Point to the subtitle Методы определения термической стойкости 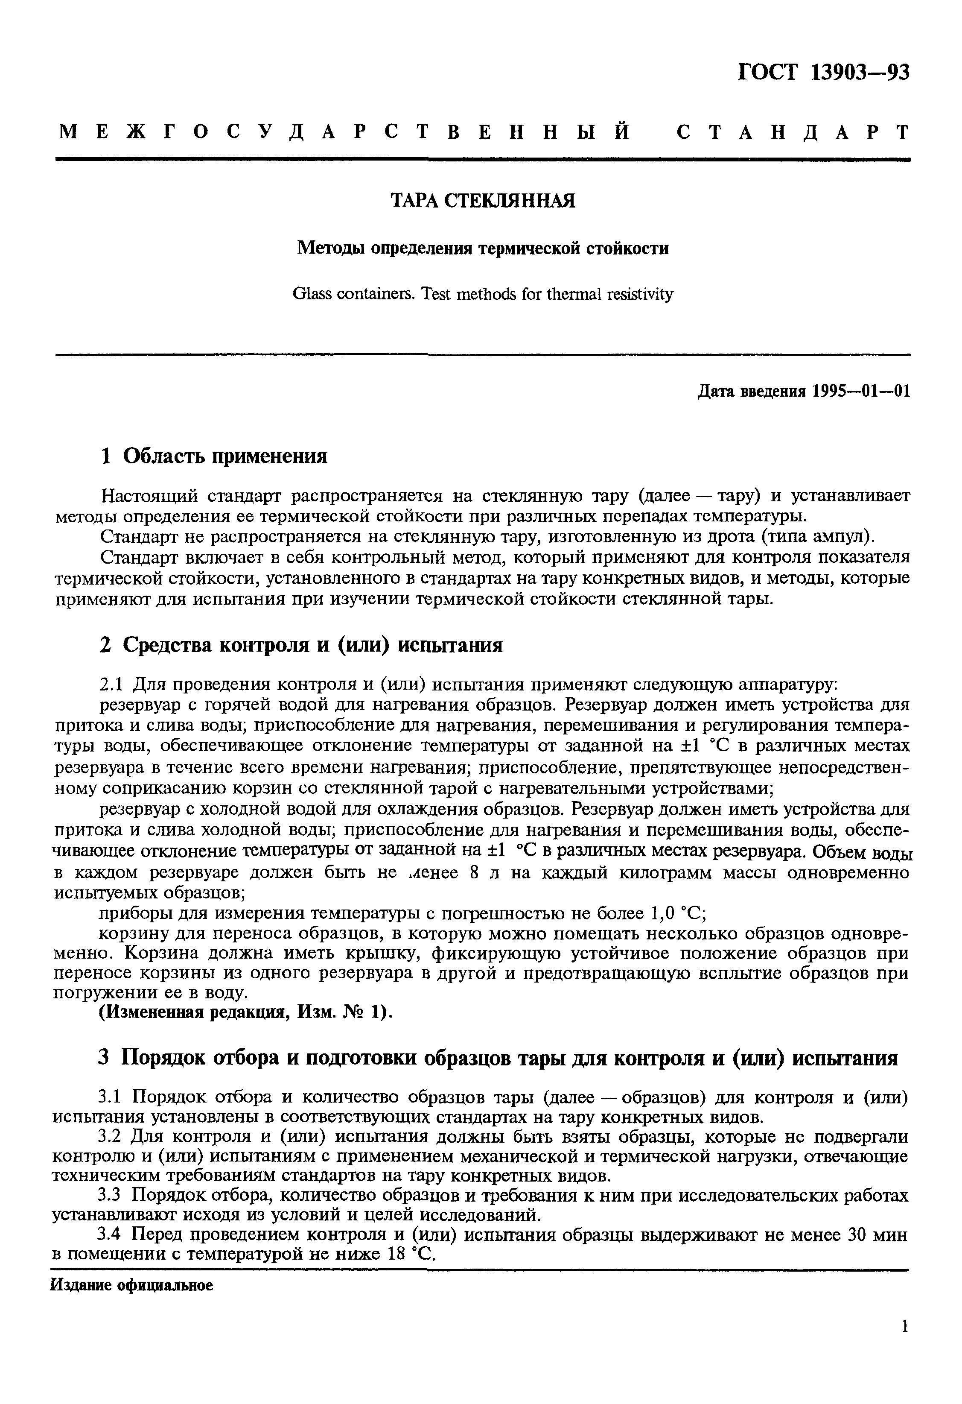tap(483, 248)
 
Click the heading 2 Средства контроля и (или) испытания tap(301, 645)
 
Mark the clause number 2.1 tap(112, 685)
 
